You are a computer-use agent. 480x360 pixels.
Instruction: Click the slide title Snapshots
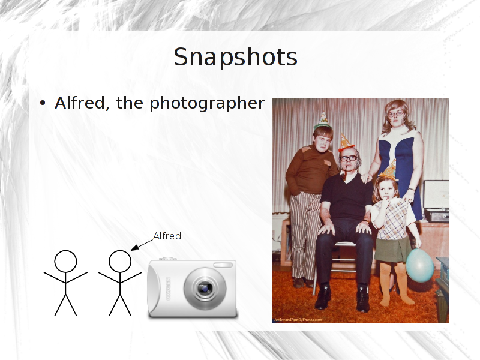point(235,58)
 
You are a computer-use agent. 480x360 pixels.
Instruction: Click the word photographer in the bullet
point(207,103)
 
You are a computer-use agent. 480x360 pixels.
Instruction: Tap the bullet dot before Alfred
point(43,103)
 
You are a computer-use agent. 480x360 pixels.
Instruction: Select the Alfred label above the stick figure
point(167,236)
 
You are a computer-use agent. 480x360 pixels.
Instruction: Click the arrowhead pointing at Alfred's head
point(134,248)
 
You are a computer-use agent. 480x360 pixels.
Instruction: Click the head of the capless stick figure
point(65,262)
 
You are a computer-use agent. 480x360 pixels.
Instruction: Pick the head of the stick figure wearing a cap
point(119,262)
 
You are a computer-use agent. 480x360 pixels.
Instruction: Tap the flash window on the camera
point(223,265)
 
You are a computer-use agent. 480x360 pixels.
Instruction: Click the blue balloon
point(419,265)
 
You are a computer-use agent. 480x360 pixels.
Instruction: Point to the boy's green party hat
point(323,121)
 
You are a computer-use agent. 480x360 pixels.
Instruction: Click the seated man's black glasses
point(349,158)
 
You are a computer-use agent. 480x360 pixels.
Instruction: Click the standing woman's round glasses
point(396,114)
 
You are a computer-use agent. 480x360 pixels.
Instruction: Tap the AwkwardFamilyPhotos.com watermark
point(298,320)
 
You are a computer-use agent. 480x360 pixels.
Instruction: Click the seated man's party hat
point(346,143)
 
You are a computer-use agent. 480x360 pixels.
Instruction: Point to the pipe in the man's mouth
point(343,174)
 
